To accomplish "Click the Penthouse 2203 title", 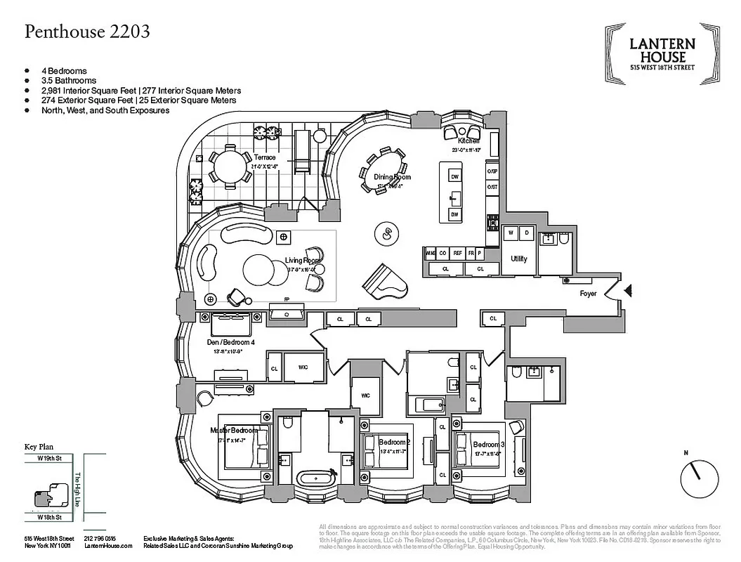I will point(87,32).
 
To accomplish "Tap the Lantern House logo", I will point(662,54).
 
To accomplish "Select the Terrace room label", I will point(265,157).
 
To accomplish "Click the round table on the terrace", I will point(229,166).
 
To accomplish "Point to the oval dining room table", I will point(383,170).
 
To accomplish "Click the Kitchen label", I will point(468,141).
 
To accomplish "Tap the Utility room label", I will point(518,259).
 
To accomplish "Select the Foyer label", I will point(588,294).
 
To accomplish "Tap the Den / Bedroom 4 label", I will point(230,343).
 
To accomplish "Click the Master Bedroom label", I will point(235,430).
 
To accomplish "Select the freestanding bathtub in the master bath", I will point(316,478).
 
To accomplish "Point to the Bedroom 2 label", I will point(393,442).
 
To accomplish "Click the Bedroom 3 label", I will point(488,445).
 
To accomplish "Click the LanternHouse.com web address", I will point(107,545).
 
